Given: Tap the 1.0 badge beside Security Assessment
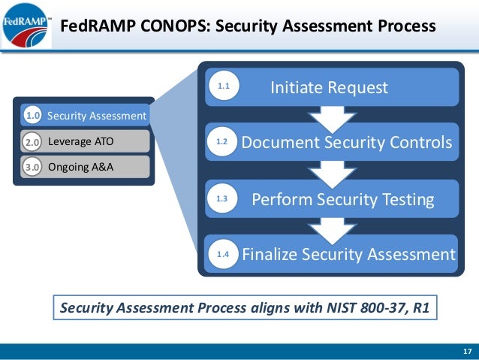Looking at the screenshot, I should [x=32, y=116].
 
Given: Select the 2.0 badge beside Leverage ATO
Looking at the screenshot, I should [x=32, y=141].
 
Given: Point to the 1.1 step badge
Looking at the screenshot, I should [x=223, y=88].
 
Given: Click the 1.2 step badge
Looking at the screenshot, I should [x=223, y=141].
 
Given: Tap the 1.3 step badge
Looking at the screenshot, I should [x=223, y=199].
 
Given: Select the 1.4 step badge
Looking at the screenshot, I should [x=223, y=256].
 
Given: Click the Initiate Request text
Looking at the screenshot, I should [x=329, y=88].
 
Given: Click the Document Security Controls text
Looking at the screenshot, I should [x=346, y=142].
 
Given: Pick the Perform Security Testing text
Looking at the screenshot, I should [x=342, y=199].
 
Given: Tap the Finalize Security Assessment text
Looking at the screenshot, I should [x=348, y=255].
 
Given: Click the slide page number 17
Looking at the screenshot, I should [x=466, y=352].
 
